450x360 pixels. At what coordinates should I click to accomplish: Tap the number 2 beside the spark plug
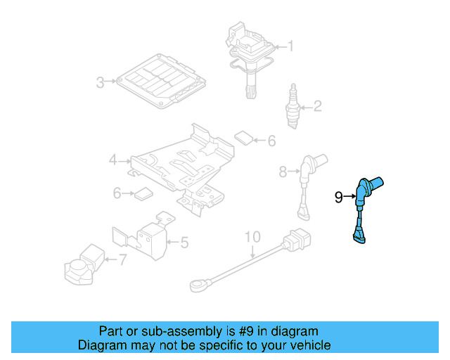(317, 107)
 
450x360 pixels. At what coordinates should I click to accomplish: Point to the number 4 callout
(113, 161)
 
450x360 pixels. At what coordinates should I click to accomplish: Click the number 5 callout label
(184, 243)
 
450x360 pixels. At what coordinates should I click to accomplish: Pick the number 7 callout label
(122, 259)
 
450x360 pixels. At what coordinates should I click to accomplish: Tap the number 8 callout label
(283, 171)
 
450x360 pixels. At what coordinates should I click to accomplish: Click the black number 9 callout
(338, 198)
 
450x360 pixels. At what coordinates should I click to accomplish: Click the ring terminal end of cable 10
(197, 285)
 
